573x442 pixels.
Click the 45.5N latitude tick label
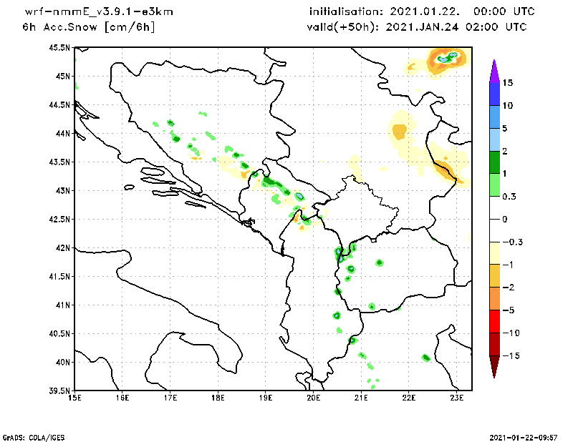61,47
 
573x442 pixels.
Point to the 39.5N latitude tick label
61,391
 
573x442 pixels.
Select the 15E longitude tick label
74,398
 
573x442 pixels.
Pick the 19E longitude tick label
266,398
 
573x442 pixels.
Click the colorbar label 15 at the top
507,82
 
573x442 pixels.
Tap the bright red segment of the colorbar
493,321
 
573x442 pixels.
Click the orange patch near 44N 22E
399,131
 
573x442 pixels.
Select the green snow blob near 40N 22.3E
425,358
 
